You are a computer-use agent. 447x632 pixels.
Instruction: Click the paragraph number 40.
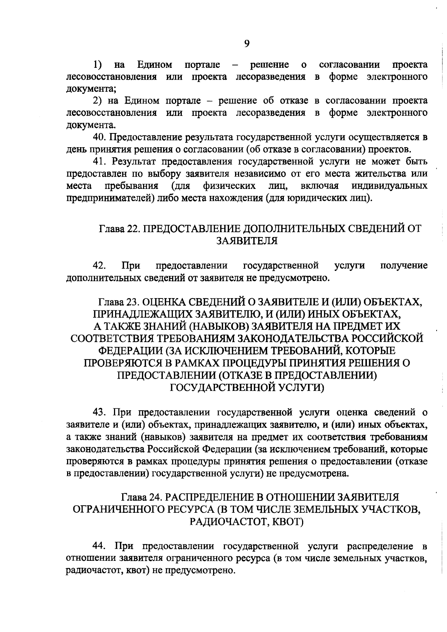coord(99,137)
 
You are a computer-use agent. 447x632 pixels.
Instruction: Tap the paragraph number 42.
coord(99,266)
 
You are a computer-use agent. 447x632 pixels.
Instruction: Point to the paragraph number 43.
coord(100,413)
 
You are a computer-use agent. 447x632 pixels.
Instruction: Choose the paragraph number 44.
coord(100,546)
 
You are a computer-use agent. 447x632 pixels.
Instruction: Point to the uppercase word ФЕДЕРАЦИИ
coord(131,351)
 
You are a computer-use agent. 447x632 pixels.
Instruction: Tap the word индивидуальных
coord(389,186)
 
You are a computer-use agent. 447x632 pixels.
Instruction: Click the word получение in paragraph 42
coord(404,266)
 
